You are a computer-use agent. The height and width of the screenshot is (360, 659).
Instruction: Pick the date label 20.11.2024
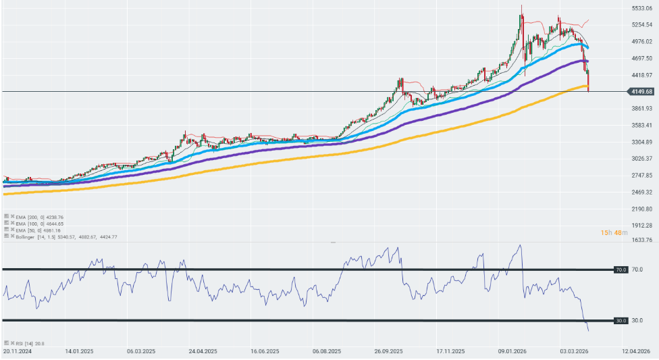point(17,351)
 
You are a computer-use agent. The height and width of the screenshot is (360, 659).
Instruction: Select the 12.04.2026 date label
point(637,351)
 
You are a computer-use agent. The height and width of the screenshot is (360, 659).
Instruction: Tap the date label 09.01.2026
point(512,351)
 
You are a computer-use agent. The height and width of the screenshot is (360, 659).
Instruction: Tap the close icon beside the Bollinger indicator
point(12,236)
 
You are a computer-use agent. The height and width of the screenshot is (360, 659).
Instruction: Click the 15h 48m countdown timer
point(615,233)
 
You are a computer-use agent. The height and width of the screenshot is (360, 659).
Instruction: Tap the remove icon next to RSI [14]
point(12,344)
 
